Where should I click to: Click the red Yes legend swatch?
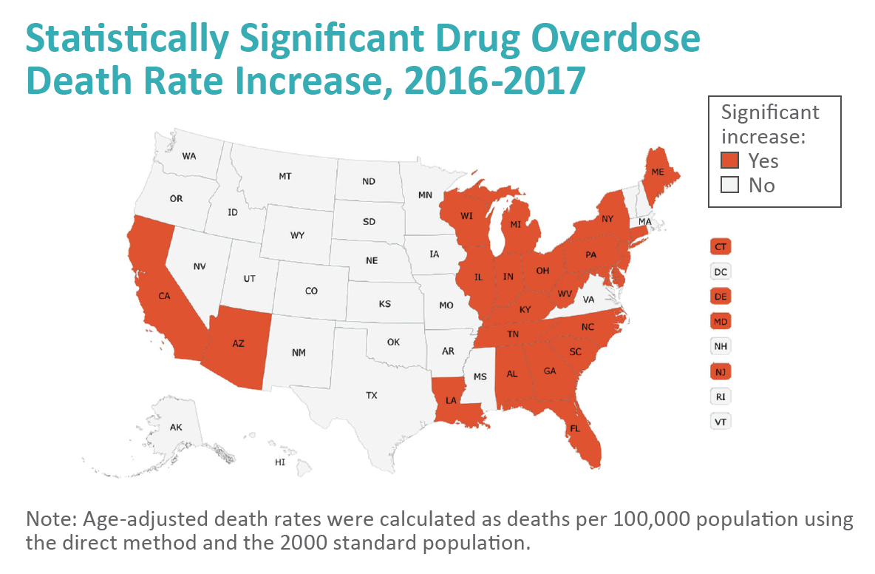[729, 161]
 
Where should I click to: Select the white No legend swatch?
[729, 185]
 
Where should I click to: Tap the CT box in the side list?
[721, 246]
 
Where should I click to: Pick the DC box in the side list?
[721, 271]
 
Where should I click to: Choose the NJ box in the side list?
[721, 371]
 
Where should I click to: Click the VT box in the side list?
[721, 421]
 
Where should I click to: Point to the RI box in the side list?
[721, 396]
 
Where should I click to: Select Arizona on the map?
[237, 345]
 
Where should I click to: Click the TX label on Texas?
[371, 396]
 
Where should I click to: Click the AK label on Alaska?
[176, 428]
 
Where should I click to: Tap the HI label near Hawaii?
[279, 462]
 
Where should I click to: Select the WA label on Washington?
[189, 156]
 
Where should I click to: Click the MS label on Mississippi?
[480, 376]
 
